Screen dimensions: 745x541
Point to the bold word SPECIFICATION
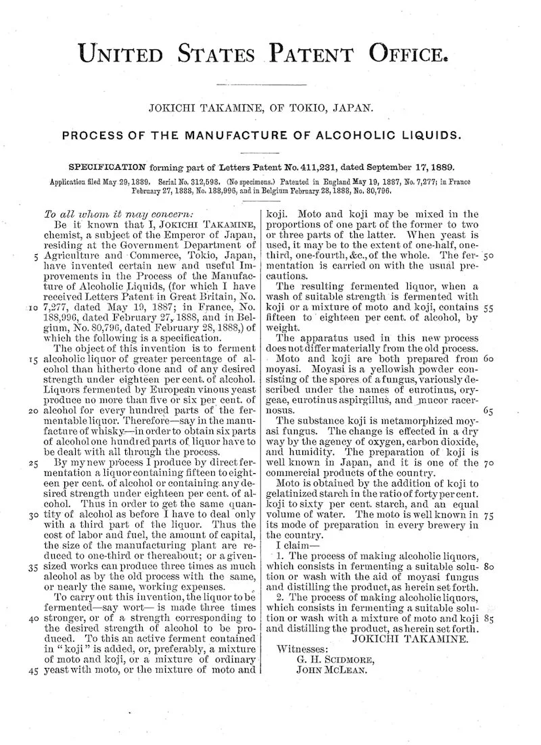pyautogui.click(x=108, y=166)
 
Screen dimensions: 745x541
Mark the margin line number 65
pyautogui.click(x=490, y=410)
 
